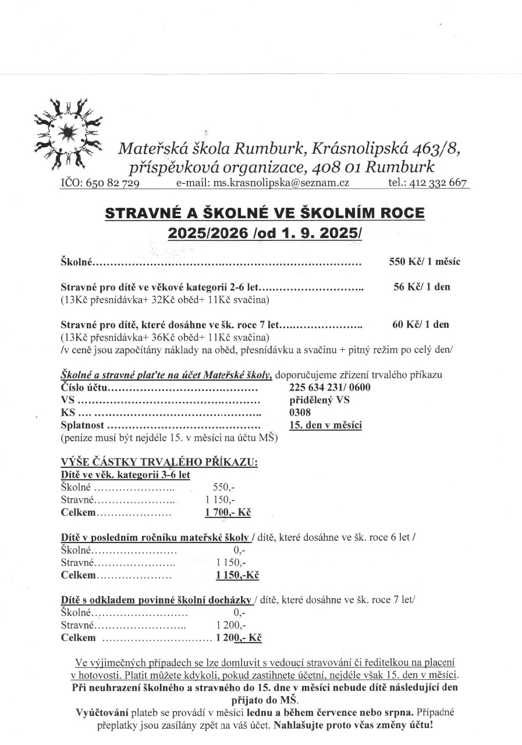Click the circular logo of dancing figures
[68, 131]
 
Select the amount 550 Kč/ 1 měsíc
[424, 262]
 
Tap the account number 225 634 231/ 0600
[329, 388]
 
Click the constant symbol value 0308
[300, 413]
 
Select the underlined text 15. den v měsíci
[325, 425]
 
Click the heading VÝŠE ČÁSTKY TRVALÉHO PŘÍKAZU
[159, 462]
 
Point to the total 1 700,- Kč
[228, 513]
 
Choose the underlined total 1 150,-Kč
[237, 575]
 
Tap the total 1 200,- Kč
[238, 638]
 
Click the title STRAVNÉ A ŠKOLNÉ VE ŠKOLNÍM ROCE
[265, 213]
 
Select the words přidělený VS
[319, 400]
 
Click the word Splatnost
[82, 425]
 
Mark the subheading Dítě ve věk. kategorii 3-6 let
[125, 474]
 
